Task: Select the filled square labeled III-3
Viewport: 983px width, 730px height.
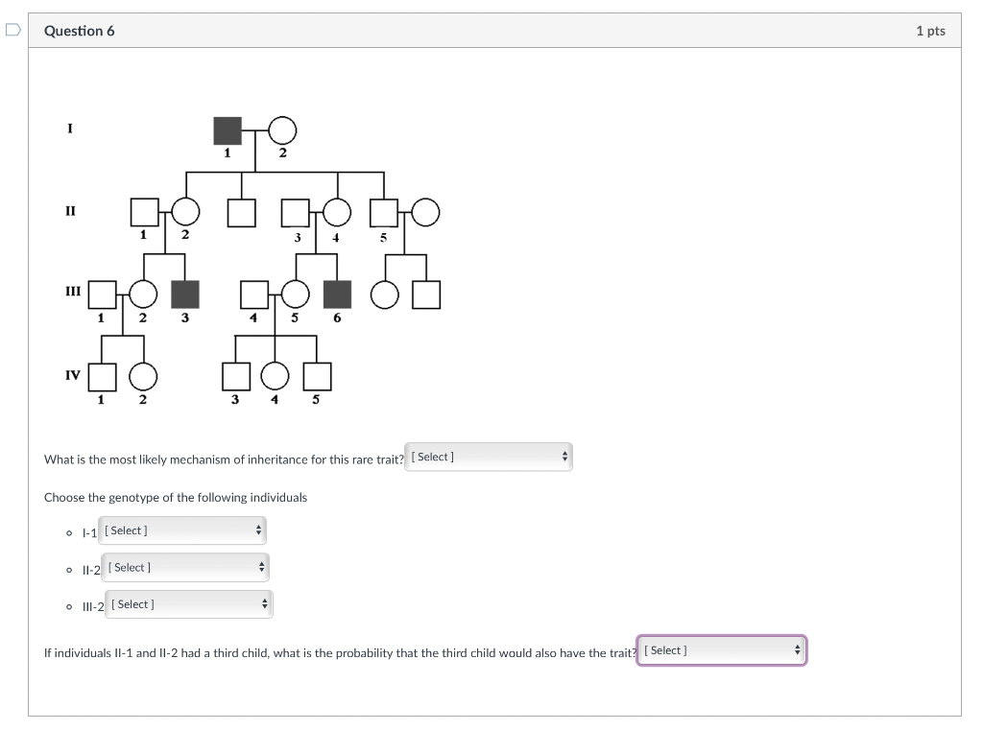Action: (x=184, y=294)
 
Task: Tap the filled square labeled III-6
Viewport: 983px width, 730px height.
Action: (x=337, y=294)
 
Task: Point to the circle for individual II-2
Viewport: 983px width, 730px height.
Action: (x=185, y=212)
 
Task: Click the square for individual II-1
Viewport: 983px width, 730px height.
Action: (x=144, y=212)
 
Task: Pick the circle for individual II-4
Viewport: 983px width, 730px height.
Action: (x=336, y=212)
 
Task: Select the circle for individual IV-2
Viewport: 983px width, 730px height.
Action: (x=143, y=377)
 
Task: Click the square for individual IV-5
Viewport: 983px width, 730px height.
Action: (x=317, y=377)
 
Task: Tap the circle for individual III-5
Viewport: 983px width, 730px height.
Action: (x=296, y=294)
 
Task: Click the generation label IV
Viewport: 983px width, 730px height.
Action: (x=73, y=375)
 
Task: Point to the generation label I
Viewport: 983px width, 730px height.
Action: (x=70, y=128)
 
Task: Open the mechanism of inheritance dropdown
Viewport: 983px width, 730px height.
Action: (x=489, y=458)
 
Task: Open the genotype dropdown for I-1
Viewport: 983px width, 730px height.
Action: (x=182, y=530)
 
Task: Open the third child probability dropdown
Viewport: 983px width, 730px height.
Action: (x=721, y=650)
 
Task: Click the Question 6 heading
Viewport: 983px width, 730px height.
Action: (x=80, y=31)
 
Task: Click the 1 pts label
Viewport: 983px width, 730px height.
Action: (x=929, y=31)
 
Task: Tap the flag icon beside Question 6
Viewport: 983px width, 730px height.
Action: (x=12, y=31)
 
